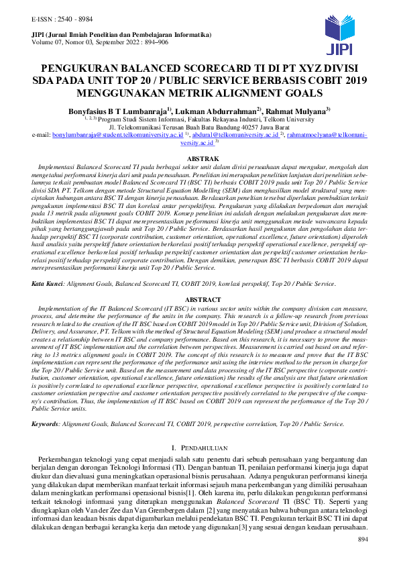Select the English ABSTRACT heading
tap(199, 300)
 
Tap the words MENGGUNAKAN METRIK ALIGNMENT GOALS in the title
tap(199, 93)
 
